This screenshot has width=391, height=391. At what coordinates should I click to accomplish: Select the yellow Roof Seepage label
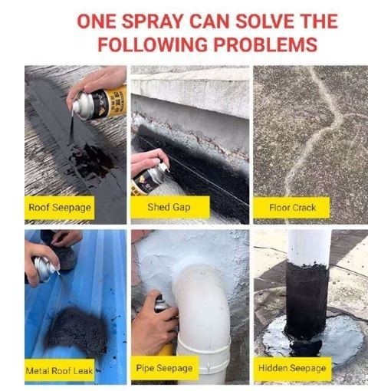pos(59,207)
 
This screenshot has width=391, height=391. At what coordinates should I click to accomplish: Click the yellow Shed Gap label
pos(169,207)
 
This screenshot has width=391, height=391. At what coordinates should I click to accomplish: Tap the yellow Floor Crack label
pos(292,207)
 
